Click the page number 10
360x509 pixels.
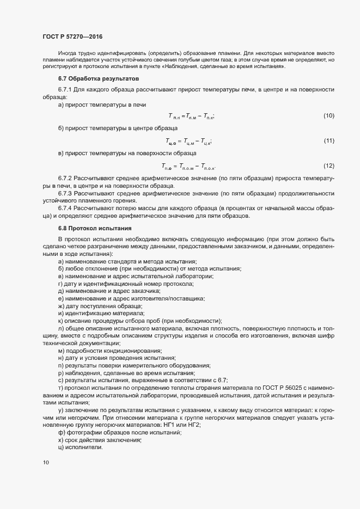pyautogui.click(x=45, y=463)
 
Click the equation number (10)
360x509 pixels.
pyautogui.click(x=328, y=116)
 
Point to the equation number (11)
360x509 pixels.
pyautogui.click(x=328, y=141)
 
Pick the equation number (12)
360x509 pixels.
pyautogui.click(x=328, y=165)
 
